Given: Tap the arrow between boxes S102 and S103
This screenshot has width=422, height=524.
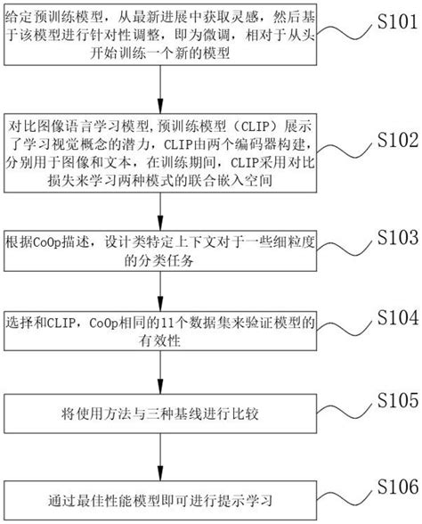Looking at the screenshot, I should pos(160,209).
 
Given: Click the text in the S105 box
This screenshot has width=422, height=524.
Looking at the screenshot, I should pos(160,413).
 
